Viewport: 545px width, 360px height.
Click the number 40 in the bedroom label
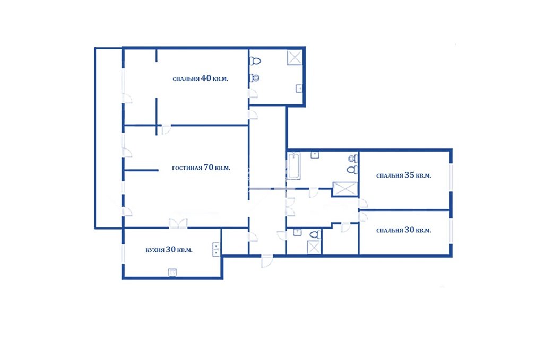[x=206, y=78]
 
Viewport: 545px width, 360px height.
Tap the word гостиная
[x=187, y=168]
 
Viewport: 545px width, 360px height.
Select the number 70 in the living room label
[x=208, y=168]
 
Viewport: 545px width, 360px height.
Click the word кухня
[x=154, y=250]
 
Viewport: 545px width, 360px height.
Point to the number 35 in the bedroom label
[x=410, y=175]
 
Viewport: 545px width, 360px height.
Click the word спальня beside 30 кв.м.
[x=390, y=231]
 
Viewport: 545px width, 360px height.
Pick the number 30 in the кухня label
[x=171, y=249]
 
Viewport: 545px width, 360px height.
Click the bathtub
[x=293, y=165]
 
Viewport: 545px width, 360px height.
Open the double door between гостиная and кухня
[x=178, y=224]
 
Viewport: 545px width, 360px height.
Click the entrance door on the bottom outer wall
[x=267, y=261]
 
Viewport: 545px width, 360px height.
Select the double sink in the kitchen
[x=216, y=249]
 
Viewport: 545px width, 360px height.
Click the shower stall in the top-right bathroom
[x=295, y=58]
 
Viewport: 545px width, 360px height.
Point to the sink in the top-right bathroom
[x=299, y=89]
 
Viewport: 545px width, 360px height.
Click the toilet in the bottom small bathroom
[x=316, y=234]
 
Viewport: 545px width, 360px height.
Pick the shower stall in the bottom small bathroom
[x=314, y=247]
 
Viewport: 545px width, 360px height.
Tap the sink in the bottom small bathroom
[x=297, y=232]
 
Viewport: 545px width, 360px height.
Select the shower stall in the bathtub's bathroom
[x=345, y=189]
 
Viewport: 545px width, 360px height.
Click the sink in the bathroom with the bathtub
[x=315, y=155]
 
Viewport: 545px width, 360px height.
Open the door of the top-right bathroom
[x=253, y=93]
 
